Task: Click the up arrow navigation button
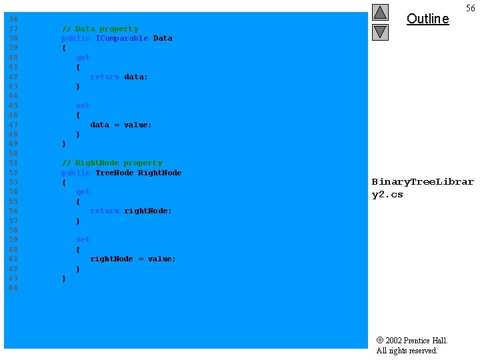[x=380, y=12]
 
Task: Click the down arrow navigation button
[x=380, y=31]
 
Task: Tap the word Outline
[x=427, y=19]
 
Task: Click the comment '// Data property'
[x=100, y=29]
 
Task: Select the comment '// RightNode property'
[x=112, y=163]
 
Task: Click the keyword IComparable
[x=122, y=38]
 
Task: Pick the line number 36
[x=13, y=19]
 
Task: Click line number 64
[x=13, y=287]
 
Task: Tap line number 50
[x=13, y=153]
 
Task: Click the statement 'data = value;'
[x=121, y=125]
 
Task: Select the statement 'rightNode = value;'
[x=133, y=259]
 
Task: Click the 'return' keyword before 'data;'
[x=105, y=77]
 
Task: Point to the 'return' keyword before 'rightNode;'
[x=105, y=211]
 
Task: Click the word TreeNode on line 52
[x=114, y=173]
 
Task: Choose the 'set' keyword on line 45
[x=83, y=105]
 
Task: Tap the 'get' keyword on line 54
[x=83, y=191]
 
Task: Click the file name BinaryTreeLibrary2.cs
[x=423, y=188]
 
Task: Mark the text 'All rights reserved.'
[x=407, y=351]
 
